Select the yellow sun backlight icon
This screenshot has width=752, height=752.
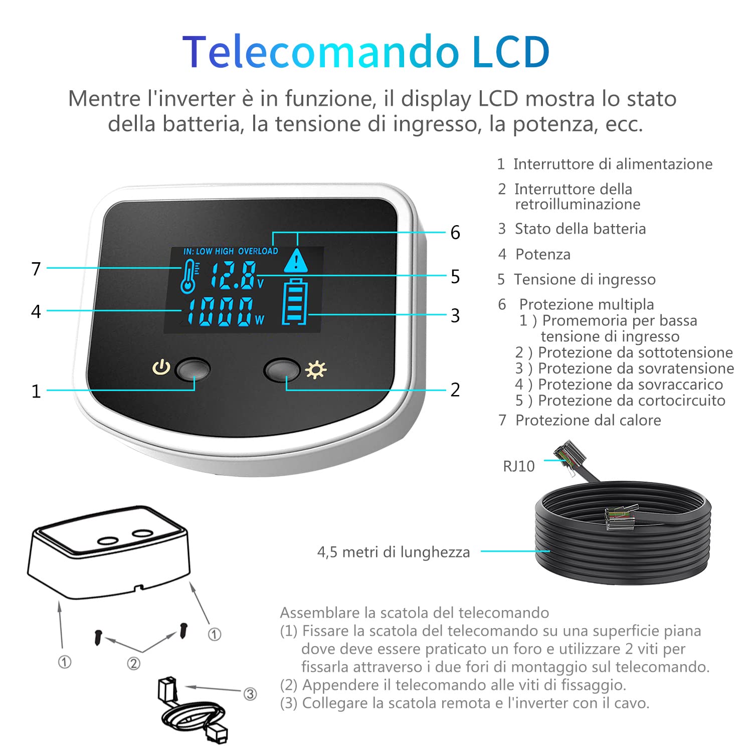pos(316,369)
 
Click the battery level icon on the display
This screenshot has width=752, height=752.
pos(294,302)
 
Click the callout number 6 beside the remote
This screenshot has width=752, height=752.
pos(455,233)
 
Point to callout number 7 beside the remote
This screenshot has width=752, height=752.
pos(36,269)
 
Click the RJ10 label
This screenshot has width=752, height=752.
pos(519,466)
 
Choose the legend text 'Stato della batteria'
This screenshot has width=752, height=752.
pos(580,229)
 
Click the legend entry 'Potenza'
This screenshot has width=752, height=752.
pos(543,255)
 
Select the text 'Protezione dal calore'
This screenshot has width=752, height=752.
pos(588,420)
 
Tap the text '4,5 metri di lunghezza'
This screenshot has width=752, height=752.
pos(394,552)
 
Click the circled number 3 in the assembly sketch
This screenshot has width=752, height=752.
pos(250,694)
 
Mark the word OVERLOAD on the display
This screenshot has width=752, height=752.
pos(258,251)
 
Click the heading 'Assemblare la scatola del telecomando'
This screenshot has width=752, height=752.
pos(415,613)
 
